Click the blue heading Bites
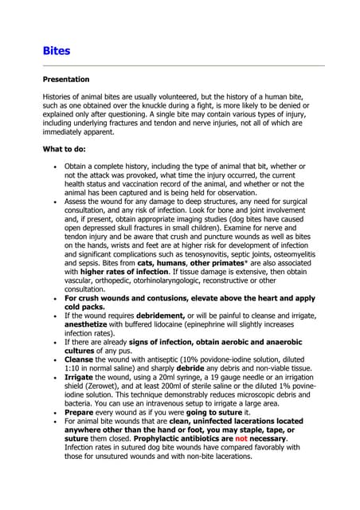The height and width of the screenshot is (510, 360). point(56,51)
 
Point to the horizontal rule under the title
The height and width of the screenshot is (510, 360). point(183,65)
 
